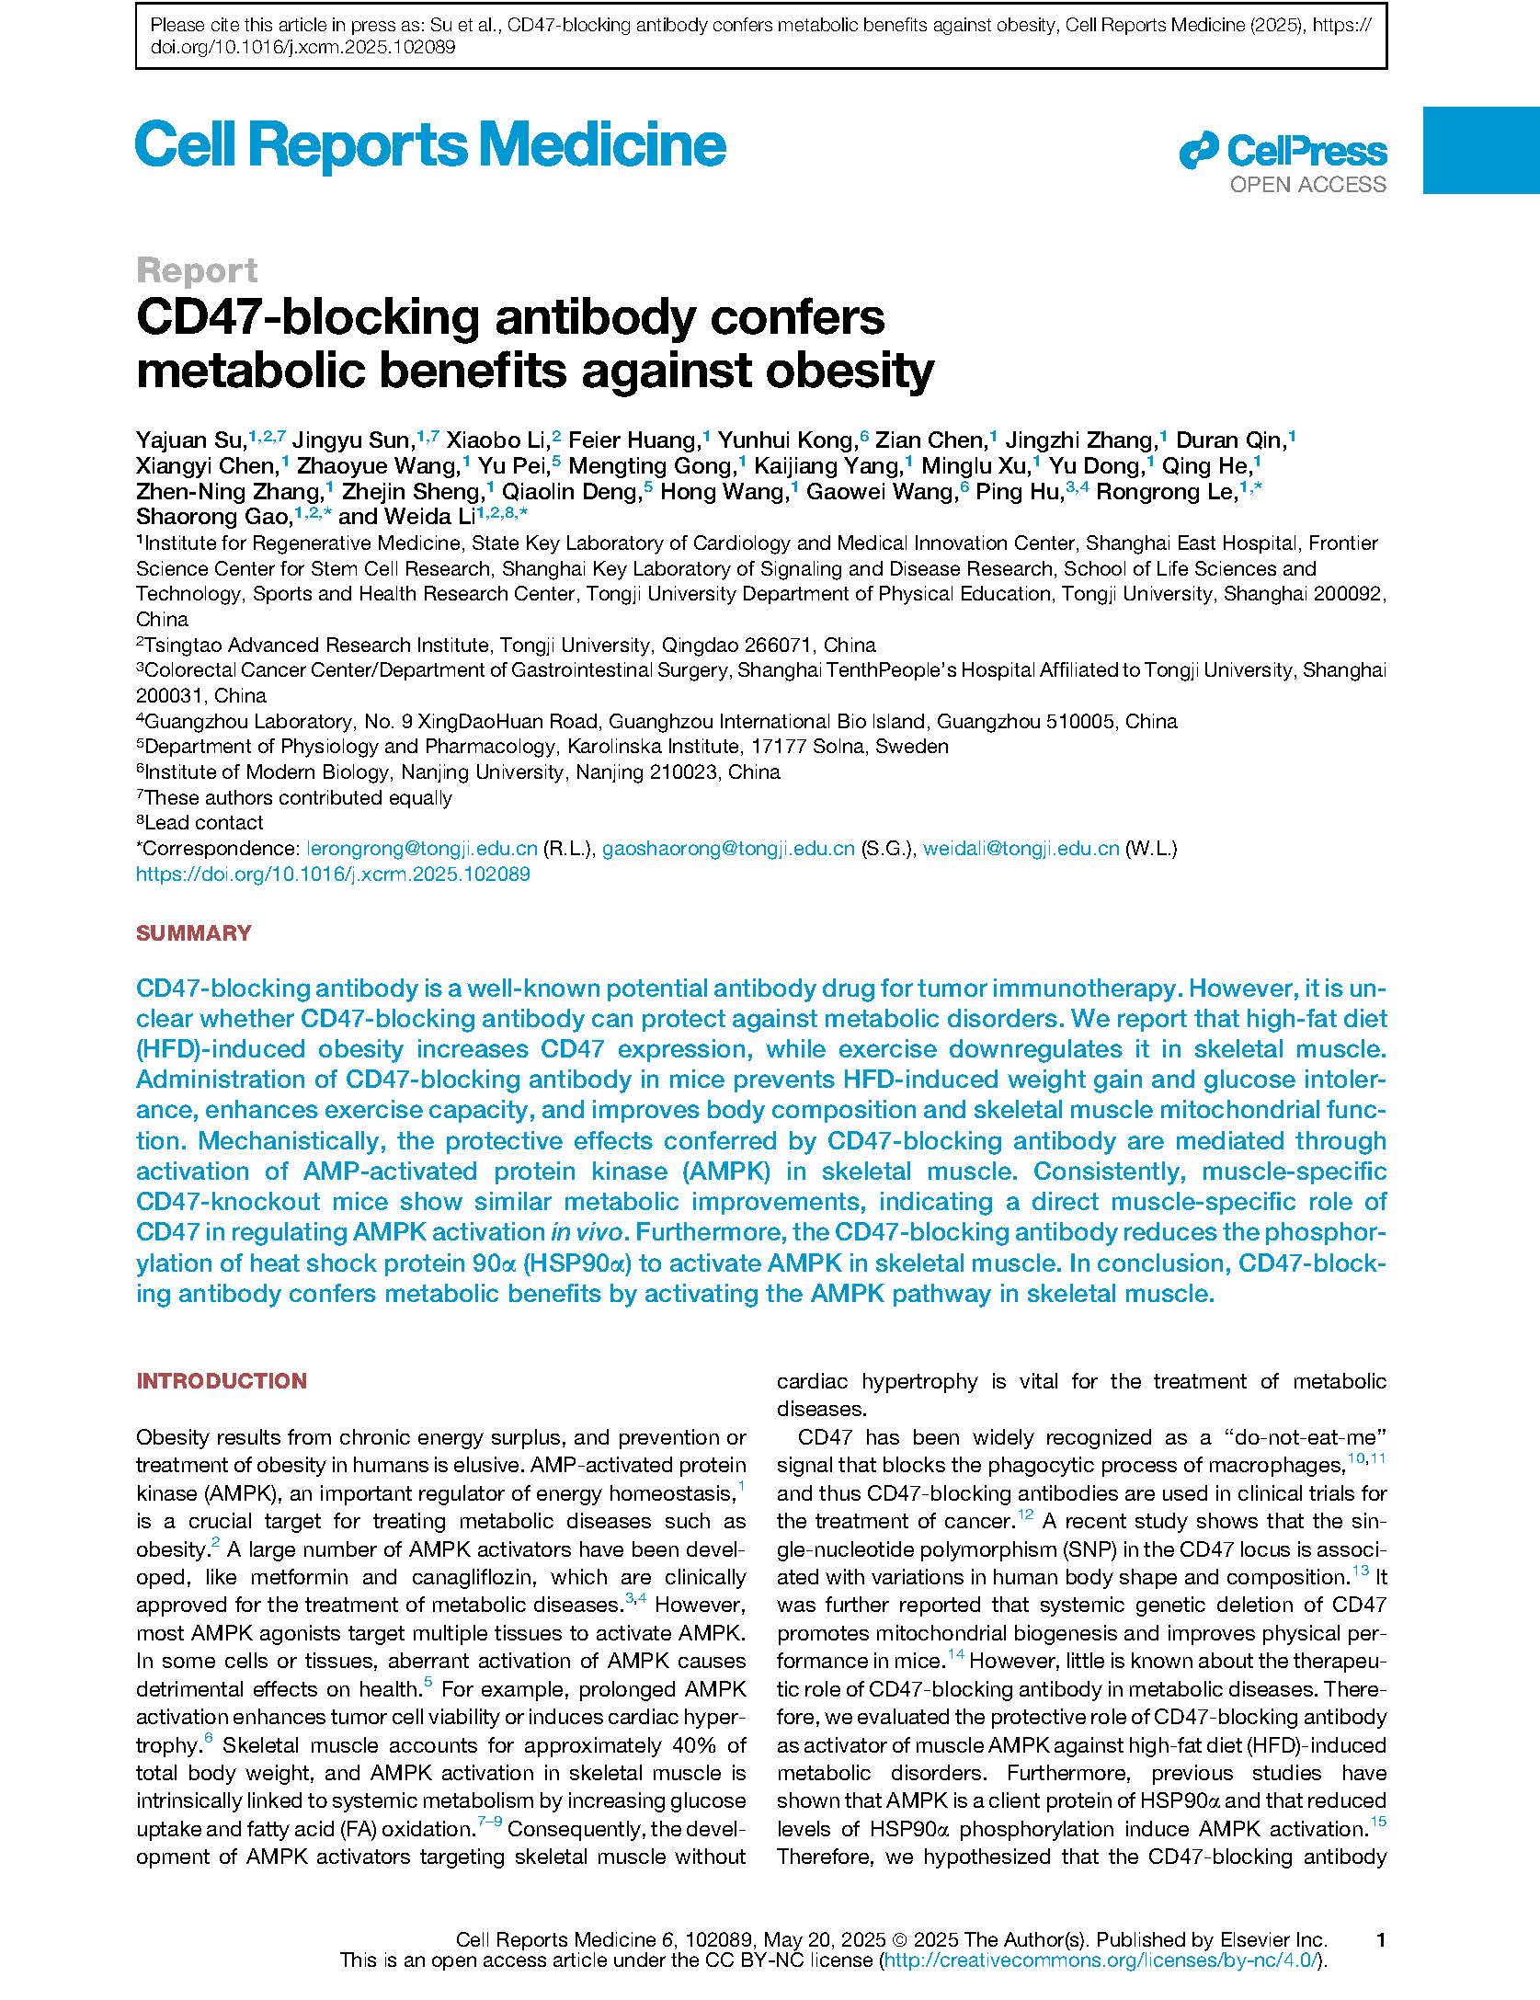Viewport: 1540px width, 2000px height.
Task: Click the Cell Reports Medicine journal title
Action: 430,145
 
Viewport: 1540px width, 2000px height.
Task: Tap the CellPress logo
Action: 1283,151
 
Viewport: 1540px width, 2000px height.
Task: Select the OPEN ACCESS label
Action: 1307,185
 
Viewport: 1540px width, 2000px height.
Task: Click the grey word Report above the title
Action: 197,270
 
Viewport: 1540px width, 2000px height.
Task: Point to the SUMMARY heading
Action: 193,933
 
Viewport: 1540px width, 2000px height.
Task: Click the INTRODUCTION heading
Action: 221,1380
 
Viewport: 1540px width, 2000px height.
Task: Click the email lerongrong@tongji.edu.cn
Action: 421,849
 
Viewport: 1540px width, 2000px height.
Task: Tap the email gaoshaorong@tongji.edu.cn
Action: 728,849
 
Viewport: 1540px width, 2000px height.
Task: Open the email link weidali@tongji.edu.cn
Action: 1021,849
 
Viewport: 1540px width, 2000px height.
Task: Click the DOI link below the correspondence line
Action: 333,874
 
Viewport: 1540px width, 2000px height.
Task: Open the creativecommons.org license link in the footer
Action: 1100,1960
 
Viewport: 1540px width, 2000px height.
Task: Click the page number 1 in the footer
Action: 1380,1940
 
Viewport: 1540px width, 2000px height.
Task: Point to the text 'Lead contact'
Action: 203,823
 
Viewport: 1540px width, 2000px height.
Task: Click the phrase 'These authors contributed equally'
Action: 298,798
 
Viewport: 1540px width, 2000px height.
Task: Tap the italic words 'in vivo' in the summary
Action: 585,1232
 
